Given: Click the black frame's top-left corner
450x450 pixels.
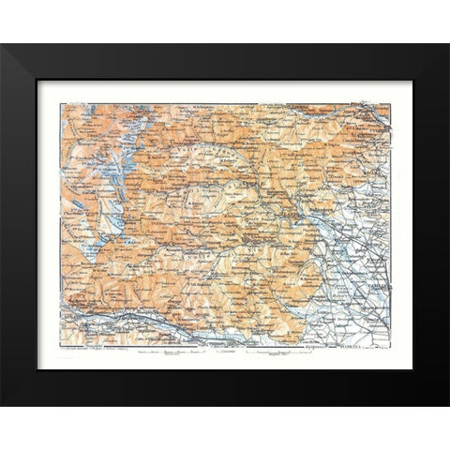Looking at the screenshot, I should pyautogui.click(x=2, y=45).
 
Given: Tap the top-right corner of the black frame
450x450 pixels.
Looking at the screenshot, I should pyautogui.click(x=448, y=45).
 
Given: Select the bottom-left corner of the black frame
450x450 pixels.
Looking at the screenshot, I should pyautogui.click(x=2, y=405).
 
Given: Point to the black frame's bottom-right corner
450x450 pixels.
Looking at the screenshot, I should pyautogui.click(x=448, y=405).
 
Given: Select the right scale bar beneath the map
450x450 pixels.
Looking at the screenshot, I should pyautogui.click(x=272, y=355).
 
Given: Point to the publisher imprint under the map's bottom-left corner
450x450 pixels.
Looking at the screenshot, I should pyautogui.click(x=94, y=352).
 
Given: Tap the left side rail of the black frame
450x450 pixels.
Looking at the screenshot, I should pyautogui.click(x=19, y=225).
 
